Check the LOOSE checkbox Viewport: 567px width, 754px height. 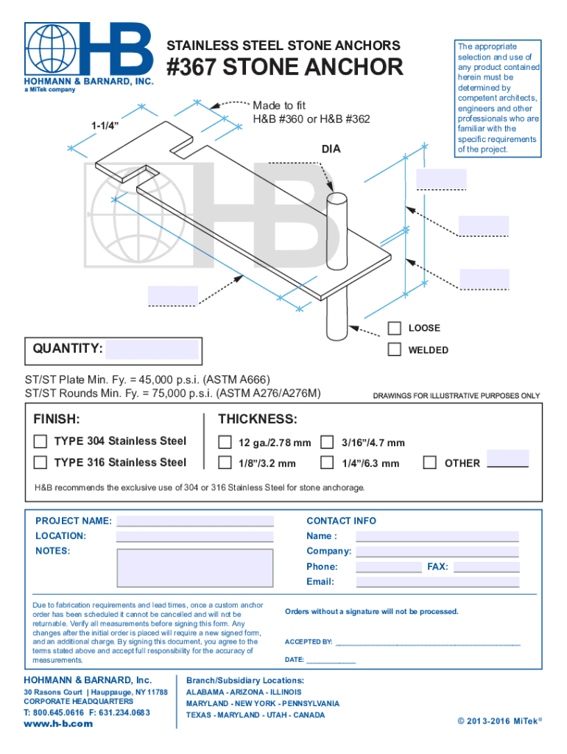(395, 328)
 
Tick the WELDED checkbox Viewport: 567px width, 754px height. (395, 349)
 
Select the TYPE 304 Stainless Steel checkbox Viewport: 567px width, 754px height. (41, 442)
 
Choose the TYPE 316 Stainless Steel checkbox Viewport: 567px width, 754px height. (41, 462)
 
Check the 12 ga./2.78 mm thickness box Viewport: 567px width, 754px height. (225, 443)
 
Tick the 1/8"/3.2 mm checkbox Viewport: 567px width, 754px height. (225, 463)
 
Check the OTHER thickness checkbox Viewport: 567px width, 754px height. (430, 463)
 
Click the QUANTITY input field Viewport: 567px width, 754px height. (152, 349)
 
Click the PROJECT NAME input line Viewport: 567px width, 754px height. (195, 521)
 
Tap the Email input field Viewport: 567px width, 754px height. (437, 582)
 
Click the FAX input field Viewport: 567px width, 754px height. (486, 567)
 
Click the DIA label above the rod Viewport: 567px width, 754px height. (331, 149)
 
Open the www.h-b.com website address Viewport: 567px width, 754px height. (59, 724)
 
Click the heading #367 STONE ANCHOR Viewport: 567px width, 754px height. (285, 68)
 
